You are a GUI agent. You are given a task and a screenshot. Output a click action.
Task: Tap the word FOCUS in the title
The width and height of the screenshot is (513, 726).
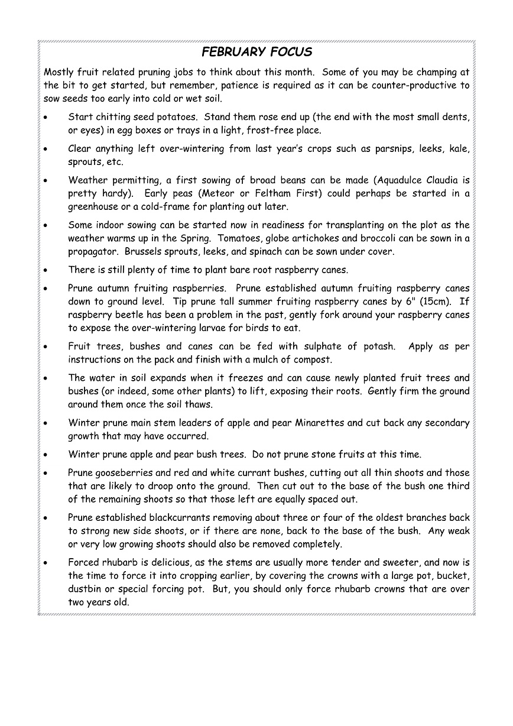click(x=291, y=52)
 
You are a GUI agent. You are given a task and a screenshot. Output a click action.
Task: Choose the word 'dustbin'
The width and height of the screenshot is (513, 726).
click(x=86, y=589)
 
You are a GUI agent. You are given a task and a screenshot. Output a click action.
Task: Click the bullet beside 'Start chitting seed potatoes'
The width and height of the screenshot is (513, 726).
click(x=47, y=117)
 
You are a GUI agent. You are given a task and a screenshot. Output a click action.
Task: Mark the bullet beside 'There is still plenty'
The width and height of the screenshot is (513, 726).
click(x=47, y=270)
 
